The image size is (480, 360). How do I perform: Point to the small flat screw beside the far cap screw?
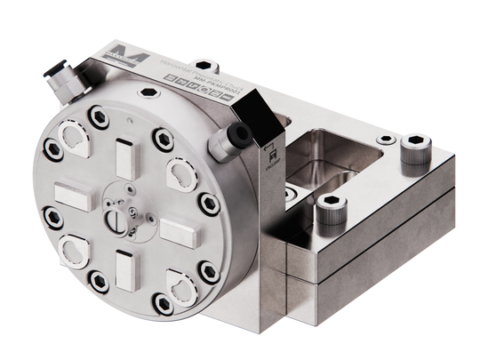388,140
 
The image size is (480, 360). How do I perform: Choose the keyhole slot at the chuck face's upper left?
74,136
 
